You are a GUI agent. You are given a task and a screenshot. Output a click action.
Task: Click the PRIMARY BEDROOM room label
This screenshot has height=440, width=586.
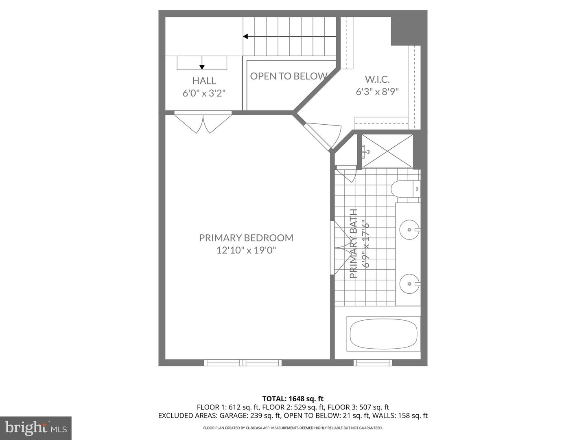pyautogui.click(x=246, y=238)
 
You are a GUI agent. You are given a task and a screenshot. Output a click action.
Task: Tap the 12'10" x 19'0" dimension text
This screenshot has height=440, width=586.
pyautogui.click(x=246, y=250)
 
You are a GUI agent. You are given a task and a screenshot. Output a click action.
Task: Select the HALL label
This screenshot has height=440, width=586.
pyautogui.click(x=204, y=81)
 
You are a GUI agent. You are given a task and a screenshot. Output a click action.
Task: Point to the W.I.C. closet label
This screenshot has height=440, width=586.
pyautogui.click(x=377, y=79)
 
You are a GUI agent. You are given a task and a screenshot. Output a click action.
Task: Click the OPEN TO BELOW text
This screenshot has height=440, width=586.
pyautogui.click(x=289, y=76)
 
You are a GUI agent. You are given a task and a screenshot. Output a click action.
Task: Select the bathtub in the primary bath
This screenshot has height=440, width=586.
pyautogui.click(x=383, y=334)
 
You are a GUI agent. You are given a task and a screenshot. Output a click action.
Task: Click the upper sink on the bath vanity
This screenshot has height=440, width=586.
pyautogui.click(x=409, y=229)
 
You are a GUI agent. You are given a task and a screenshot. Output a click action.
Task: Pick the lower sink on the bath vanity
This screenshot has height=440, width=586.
pyautogui.click(x=409, y=284)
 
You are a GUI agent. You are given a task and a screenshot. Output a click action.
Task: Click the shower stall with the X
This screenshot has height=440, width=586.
pyautogui.click(x=387, y=151)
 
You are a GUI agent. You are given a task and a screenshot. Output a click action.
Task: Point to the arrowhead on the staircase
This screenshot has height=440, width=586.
pyautogui.click(x=245, y=36)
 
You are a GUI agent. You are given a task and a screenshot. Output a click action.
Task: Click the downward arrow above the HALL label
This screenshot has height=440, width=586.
pyautogui.click(x=202, y=63)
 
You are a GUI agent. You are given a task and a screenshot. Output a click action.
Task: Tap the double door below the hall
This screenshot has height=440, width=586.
pyautogui.click(x=203, y=122)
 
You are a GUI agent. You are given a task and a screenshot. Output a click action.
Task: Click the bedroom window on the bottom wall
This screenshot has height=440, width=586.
pyautogui.click(x=243, y=363)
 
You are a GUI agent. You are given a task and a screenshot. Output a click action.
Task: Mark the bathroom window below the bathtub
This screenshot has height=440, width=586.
pyautogui.click(x=373, y=363)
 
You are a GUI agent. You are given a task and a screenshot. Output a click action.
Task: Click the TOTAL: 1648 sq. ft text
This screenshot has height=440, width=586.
pyautogui.click(x=293, y=398)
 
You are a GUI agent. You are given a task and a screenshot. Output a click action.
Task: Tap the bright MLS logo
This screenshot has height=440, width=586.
pyautogui.click(x=36, y=428)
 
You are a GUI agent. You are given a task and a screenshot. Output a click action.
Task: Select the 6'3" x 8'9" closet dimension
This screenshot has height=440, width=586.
pyautogui.click(x=377, y=92)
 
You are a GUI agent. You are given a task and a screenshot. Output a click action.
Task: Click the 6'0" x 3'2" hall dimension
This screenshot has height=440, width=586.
pyautogui.click(x=204, y=93)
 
